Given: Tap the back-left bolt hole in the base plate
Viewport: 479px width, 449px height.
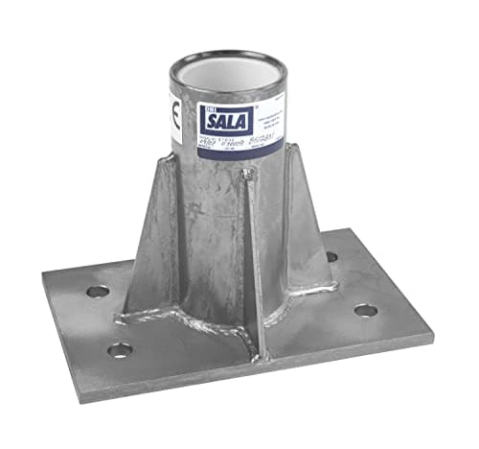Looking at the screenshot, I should point(97,291).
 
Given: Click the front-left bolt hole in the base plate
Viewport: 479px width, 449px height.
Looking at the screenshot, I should point(119,349).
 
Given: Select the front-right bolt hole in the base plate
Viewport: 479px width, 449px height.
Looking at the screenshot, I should point(364,310).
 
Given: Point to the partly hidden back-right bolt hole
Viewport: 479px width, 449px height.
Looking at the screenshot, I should point(331,256).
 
